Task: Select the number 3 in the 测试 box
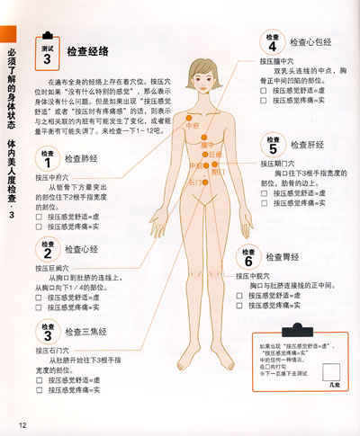(47, 59)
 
